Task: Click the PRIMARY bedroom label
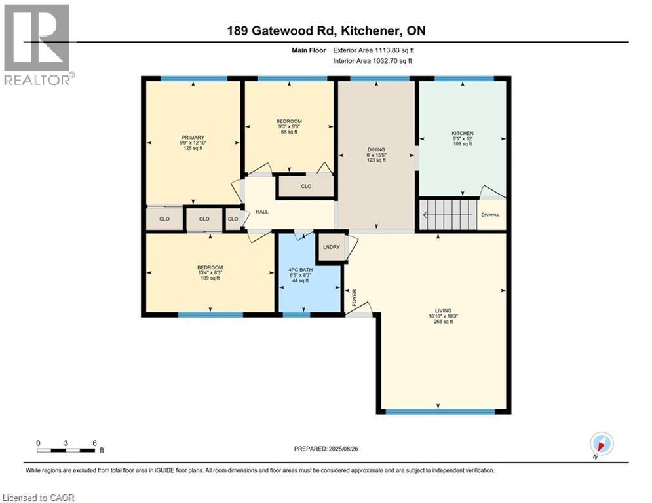click(193, 138)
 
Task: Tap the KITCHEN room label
click(462, 133)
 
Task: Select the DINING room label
click(375, 149)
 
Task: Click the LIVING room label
click(444, 311)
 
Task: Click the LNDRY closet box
click(331, 247)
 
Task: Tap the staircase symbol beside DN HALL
click(448, 214)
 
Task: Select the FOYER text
click(355, 297)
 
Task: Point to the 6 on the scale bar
click(95, 443)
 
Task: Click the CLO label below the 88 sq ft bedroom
click(306, 187)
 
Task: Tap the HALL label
click(262, 212)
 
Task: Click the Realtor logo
click(37, 45)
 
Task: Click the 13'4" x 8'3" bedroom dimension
click(210, 272)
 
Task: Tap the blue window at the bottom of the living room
click(439, 411)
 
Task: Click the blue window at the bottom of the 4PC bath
click(296, 315)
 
